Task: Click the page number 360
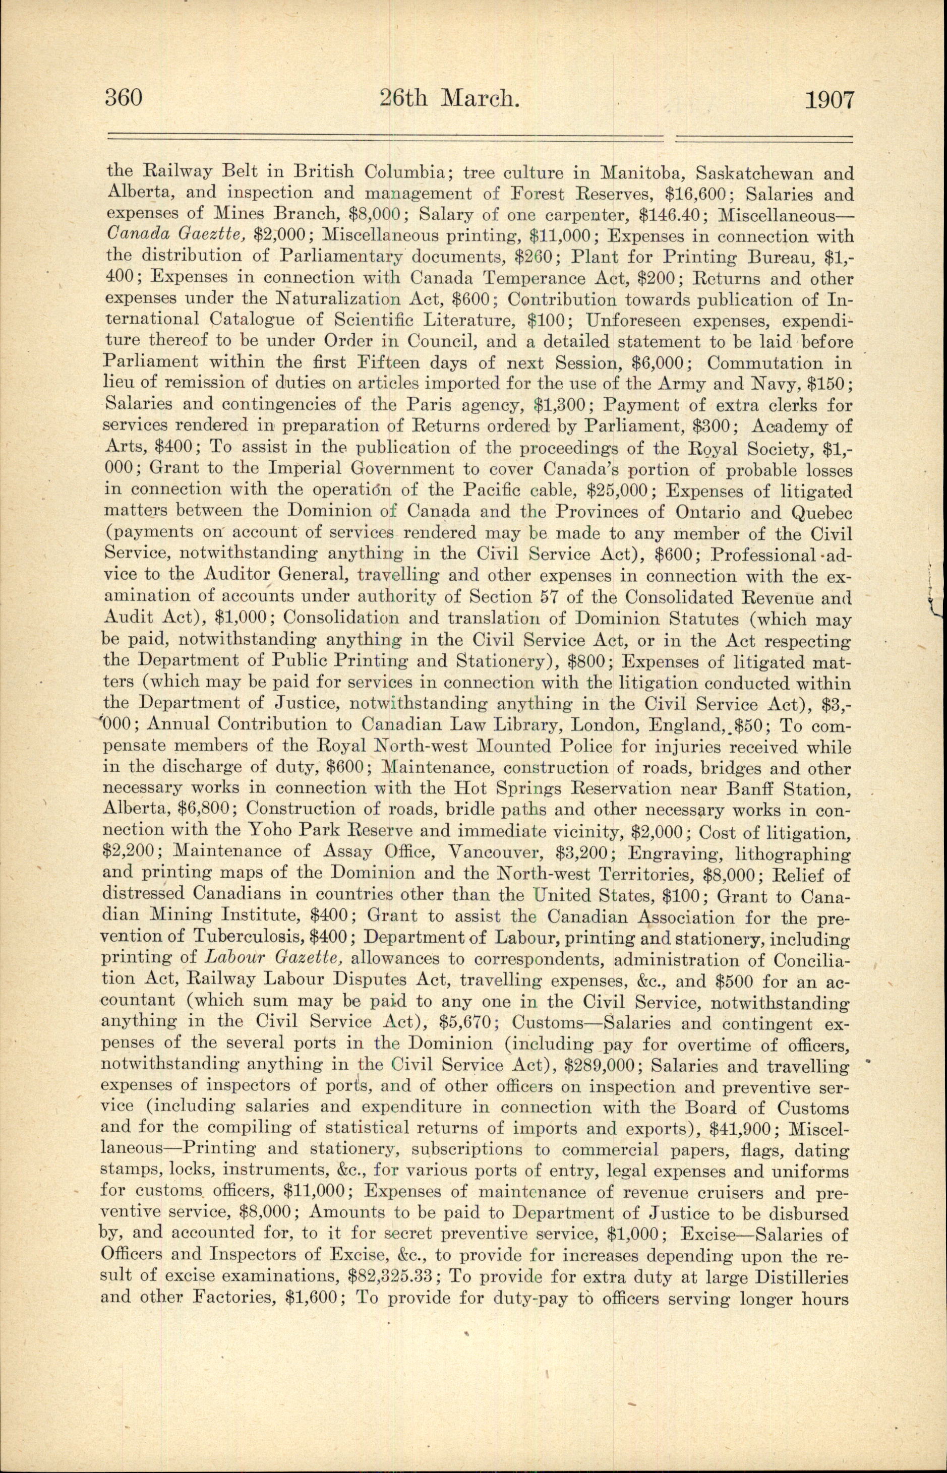click(124, 98)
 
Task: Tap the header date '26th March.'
click(449, 98)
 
